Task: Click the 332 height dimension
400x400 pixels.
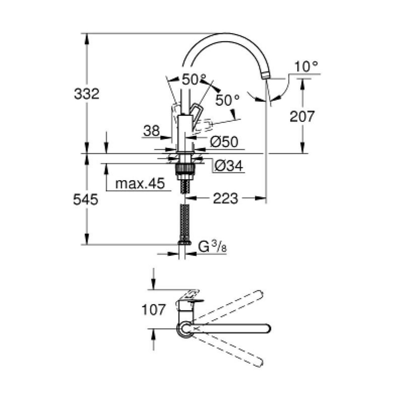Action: point(87,94)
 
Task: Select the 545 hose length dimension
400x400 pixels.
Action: point(86,200)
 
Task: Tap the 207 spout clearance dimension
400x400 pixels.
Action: point(302,116)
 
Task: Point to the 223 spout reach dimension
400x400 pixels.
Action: point(226,199)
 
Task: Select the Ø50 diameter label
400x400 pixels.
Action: point(224,142)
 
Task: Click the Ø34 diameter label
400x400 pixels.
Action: point(229,166)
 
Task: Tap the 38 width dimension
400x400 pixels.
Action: point(152,131)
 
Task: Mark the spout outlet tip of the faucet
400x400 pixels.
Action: point(265,76)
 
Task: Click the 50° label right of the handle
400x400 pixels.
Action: point(227,100)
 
